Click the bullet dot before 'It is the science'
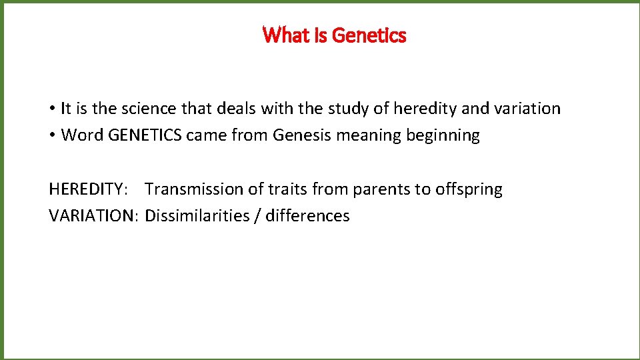click(x=51, y=109)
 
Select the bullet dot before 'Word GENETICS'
click(x=51, y=135)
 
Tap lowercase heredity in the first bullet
click(x=439, y=109)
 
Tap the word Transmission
click(x=194, y=189)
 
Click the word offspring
click(x=469, y=190)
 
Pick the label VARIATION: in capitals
click(x=93, y=216)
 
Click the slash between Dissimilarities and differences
click(x=257, y=216)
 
